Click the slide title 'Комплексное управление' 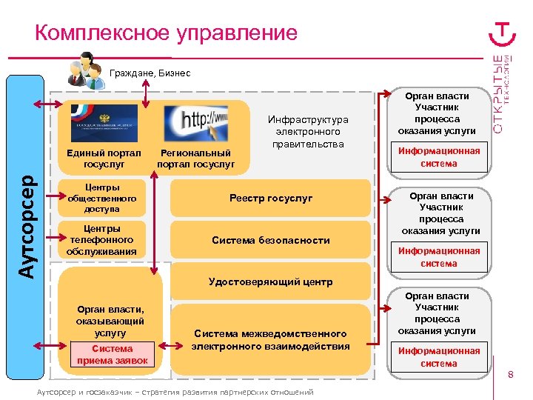(x=166, y=33)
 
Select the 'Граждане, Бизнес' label (x=150, y=73)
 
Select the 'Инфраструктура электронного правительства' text (x=308, y=131)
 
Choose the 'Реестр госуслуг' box (x=271, y=199)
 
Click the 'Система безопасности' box (x=271, y=240)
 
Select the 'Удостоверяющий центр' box (x=271, y=281)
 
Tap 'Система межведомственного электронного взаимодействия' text (x=271, y=340)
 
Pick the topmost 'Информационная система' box (x=439, y=157)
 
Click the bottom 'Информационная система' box (x=439, y=357)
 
